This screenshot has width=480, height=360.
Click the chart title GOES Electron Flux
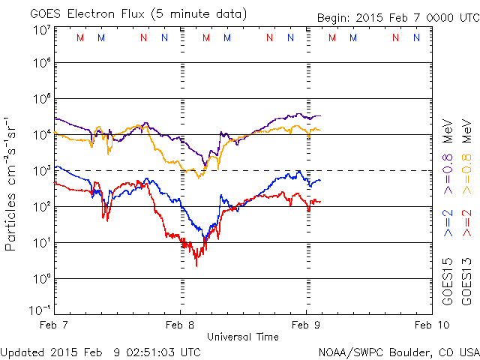point(127,14)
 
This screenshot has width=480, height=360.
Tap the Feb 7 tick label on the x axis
point(54,325)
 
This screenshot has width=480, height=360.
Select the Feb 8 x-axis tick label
point(180,325)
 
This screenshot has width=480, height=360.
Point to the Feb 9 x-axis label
point(306,325)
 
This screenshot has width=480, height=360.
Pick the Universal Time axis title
point(243,337)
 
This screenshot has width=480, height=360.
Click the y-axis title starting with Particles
point(13,183)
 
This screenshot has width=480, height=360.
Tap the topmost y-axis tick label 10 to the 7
point(41,30)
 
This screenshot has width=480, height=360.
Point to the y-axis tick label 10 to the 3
point(41,170)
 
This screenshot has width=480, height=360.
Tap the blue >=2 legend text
point(448,223)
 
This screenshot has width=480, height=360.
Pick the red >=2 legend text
point(466,223)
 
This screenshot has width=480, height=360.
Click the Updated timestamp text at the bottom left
point(100,351)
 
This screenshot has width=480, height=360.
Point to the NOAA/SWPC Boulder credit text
point(398,351)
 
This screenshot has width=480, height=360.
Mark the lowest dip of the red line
point(196,265)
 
